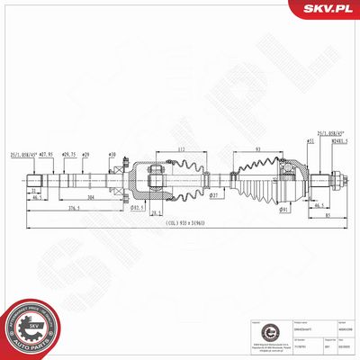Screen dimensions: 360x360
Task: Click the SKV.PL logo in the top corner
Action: (x=326, y=10)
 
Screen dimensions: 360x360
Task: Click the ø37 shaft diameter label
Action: (x=213, y=195)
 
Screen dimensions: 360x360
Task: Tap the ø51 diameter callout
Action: (x=309, y=141)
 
